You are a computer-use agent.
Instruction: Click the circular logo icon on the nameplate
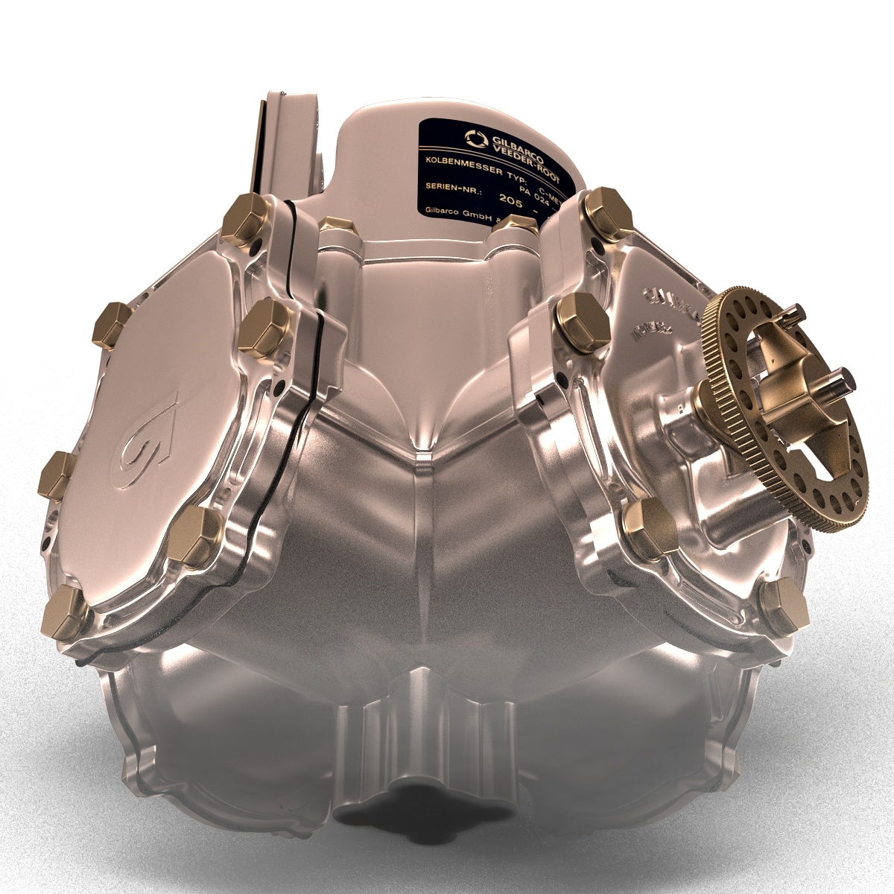[x=475, y=138]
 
